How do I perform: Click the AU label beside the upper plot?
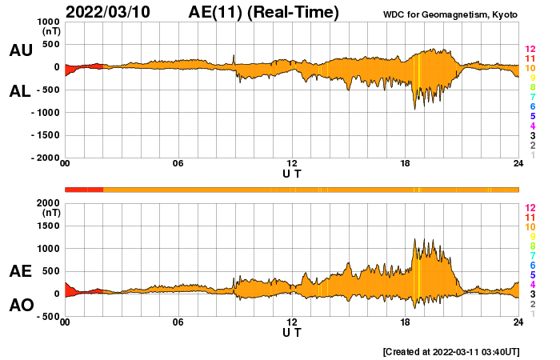click(x=21, y=50)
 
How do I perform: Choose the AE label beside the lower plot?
click(x=21, y=271)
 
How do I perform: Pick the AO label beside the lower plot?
click(x=21, y=305)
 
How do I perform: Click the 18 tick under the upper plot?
click(x=406, y=164)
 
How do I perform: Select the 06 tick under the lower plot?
click(x=178, y=322)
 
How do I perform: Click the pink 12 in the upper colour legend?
click(x=530, y=50)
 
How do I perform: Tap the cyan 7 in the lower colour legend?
click(x=530, y=255)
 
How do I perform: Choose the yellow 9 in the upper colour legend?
click(x=530, y=78)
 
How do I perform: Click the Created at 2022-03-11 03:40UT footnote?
click(x=452, y=351)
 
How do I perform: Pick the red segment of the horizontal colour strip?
click(x=84, y=189)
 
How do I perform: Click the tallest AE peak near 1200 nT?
click(x=414, y=238)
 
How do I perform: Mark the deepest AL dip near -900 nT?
click(x=414, y=108)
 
